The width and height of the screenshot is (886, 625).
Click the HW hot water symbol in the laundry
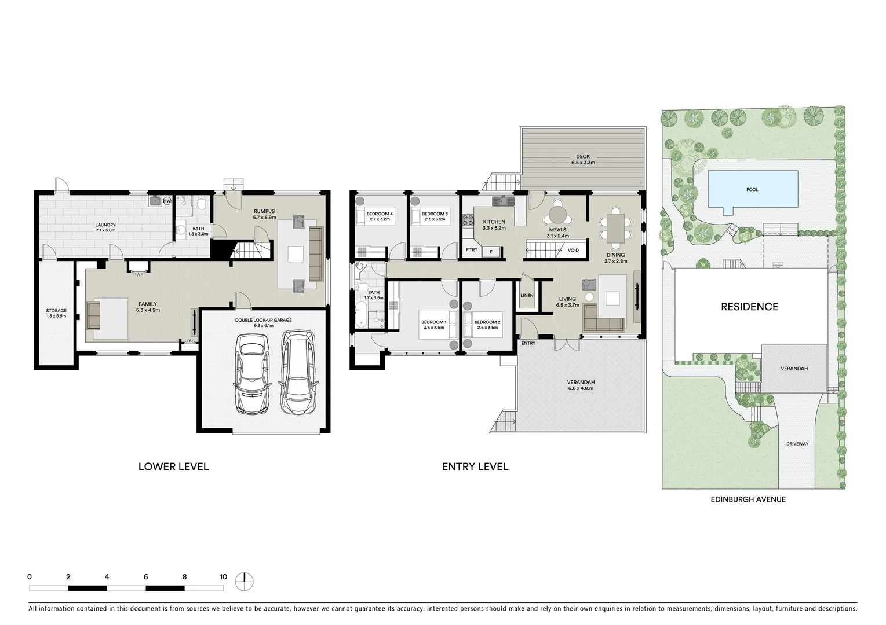[167, 201]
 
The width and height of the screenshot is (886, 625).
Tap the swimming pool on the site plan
[752, 189]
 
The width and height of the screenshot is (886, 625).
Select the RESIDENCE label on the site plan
[749, 307]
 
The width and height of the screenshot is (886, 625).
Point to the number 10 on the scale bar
[223, 576]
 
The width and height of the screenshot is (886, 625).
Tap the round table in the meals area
[558, 215]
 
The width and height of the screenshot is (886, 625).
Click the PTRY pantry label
[472, 250]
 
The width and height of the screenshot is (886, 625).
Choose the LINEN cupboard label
[527, 295]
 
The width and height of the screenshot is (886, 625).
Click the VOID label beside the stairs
[573, 251]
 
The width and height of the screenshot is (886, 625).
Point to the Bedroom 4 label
[380, 214]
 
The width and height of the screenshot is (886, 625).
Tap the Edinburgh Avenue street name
[749, 499]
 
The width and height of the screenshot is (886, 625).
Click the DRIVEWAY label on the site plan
[797, 444]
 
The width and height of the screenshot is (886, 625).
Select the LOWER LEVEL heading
[173, 466]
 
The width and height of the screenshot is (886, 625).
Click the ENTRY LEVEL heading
[475, 466]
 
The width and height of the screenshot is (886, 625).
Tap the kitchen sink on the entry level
[502, 201]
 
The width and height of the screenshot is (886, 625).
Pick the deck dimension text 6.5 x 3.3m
[582, 163]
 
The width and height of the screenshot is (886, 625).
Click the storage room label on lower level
[56, 311]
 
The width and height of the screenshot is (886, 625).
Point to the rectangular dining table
[615, 228]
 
